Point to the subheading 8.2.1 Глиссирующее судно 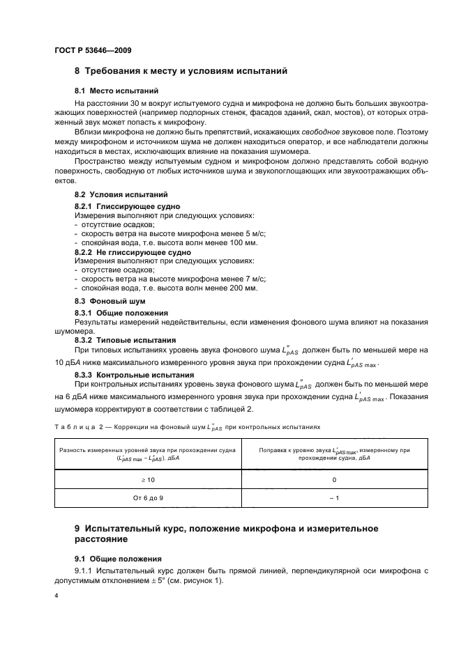128,207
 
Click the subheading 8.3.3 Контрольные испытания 134,374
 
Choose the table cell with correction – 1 334,498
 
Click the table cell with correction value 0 334,480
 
